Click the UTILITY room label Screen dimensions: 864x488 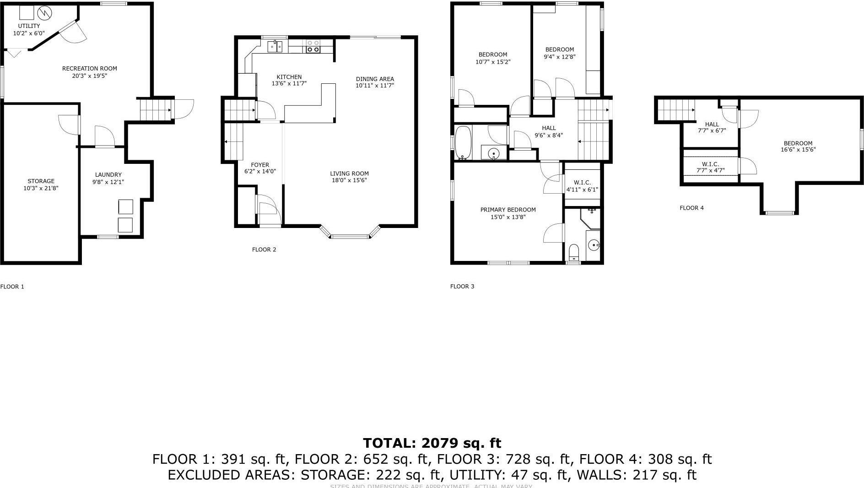coord(29,26)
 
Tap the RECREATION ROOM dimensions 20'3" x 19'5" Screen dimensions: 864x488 coord(90,76)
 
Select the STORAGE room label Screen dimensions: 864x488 coord(41,181)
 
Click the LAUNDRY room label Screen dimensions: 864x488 coord(108,175)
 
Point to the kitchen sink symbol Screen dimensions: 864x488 coord(275,46)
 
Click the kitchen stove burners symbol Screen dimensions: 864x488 coord(313,46)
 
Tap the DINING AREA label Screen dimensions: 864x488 coord(375,79)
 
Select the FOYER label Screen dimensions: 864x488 coord(260,165)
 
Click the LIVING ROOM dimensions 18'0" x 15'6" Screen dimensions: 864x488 coord(350,180)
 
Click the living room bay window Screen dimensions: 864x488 coord(350,236)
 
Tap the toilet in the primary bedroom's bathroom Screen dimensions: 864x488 coord(573,252)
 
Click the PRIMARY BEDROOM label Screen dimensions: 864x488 coord(508,210)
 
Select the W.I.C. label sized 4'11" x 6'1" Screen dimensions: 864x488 coord(582,183)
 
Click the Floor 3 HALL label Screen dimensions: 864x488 coord(549,128)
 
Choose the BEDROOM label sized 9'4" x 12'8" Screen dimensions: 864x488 coord(559,49)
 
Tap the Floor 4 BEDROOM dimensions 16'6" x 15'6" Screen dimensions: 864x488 coord(798,150)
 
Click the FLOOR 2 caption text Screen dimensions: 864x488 coord(264,249)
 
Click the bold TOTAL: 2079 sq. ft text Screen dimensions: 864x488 coord(432,443)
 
